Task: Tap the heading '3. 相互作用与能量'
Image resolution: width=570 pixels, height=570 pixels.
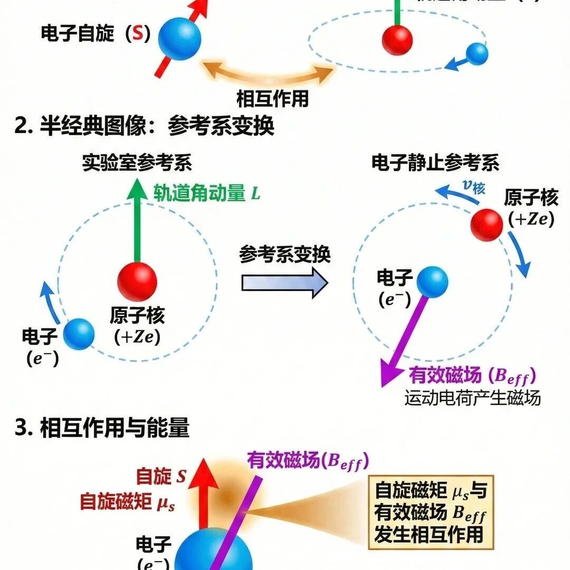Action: pos(102,428)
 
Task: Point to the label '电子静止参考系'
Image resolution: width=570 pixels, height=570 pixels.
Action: pos(435,163)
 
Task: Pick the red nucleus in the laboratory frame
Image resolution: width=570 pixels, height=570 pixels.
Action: pos(137,281)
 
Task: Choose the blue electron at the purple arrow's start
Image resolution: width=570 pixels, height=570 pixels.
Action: pos(432,282)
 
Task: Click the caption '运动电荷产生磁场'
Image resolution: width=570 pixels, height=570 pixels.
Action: pos(472,398)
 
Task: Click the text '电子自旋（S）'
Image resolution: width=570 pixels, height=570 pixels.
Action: pos(96,34)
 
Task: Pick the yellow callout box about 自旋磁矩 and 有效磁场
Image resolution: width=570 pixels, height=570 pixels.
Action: pos(431,512)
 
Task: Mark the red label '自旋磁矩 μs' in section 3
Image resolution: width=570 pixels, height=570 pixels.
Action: pos(127,501)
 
